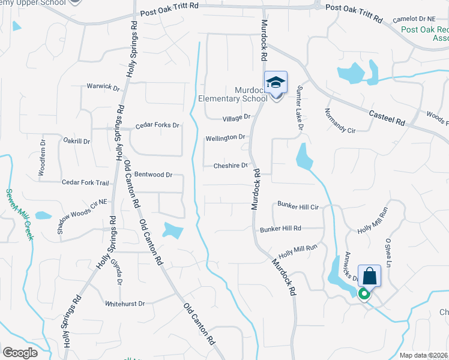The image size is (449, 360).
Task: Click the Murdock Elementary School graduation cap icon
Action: [x=276, y=83]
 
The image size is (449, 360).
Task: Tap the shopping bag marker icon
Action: [x=369, y=277]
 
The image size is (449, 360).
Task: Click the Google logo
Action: [x=20, y=353]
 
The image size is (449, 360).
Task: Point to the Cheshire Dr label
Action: [x=231, y=166]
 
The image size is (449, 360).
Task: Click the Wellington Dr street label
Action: [x=225, y=137]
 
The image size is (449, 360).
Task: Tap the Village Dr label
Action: [x=236, y=118]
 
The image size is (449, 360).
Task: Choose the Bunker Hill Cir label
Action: [x=297, y=205]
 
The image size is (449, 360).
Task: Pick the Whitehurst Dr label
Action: [x=125, y=304]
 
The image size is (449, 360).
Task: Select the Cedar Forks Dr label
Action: [x=157, y=125]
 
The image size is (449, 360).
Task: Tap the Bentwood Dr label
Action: [x=153, y=175]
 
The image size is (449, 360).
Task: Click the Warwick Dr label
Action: [x=103, y=86]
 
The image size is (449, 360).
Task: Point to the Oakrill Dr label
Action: [x=76, y=142]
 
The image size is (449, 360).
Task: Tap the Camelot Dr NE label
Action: [x=416, y=19]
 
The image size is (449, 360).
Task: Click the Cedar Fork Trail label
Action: [x=85, y=182]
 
